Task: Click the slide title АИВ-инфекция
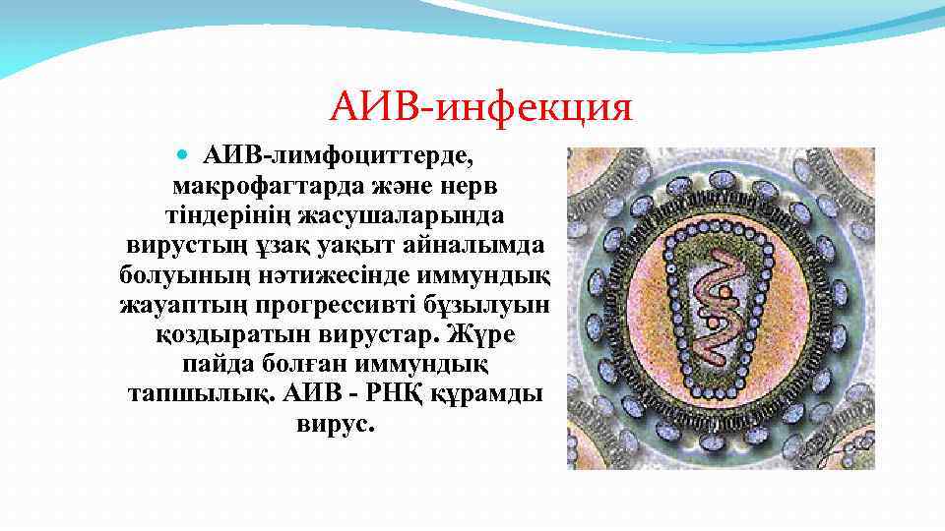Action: [480, 105]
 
